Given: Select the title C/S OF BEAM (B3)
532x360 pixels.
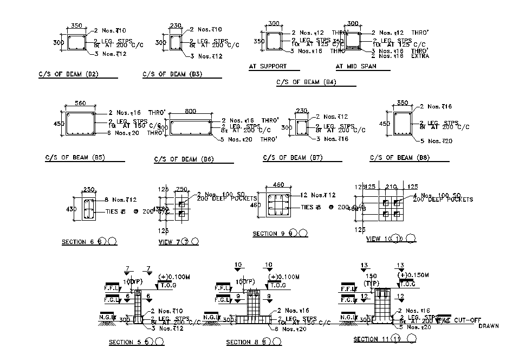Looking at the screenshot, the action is pyautogui.click(x=172, y=74).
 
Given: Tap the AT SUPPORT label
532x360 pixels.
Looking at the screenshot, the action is pyautogui.click(x=268, y=66).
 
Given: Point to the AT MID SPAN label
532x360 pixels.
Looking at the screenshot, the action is pyautogui.click(x=355, y=66).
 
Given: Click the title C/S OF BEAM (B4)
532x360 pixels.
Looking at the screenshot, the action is pyautogui.click(x=306, y=82).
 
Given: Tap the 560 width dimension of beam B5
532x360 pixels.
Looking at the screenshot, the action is pyautogui.click(x=81, y=104).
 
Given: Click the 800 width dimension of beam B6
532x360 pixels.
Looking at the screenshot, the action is pyautogui.click(x=190, y=111).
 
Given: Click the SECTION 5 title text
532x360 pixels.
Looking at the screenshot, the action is pyautogui.click(x=129, y=342).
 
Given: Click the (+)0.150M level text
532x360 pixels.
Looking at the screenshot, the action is pyautogui.click(x=411, y=275).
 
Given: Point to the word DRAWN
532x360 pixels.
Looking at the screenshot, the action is pyautogui.click(x=488, y=326).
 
